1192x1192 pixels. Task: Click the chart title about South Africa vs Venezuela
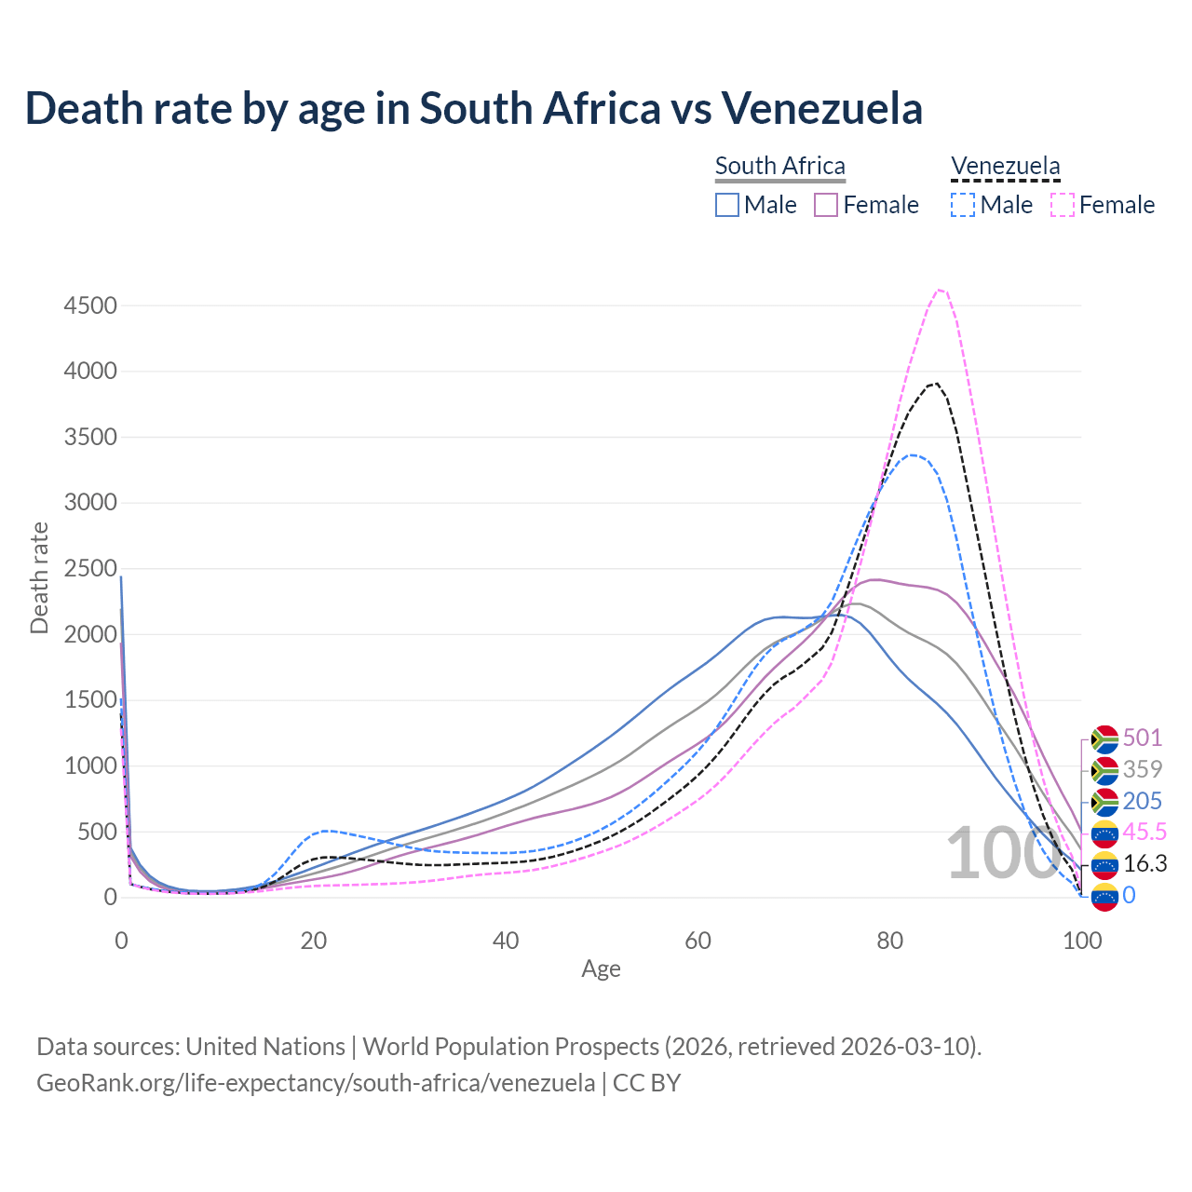473,108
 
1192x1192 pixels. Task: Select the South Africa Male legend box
727,205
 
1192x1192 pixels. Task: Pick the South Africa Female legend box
826,205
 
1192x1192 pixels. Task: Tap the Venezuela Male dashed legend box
963,205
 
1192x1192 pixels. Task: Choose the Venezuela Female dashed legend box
1063,205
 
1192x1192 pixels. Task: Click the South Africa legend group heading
780,166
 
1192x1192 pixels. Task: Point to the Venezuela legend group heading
1005,166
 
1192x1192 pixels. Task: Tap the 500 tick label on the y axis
97,832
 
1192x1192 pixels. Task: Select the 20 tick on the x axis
314,941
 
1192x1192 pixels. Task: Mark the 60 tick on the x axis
698,941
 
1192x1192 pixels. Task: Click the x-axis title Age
601,968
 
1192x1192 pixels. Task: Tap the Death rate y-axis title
39,578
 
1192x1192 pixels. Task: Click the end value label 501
1143,738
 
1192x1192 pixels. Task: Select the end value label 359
1143,769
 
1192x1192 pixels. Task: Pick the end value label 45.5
1145,832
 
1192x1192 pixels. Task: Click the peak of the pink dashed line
940,290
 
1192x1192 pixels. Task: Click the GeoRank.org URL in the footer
316,1083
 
